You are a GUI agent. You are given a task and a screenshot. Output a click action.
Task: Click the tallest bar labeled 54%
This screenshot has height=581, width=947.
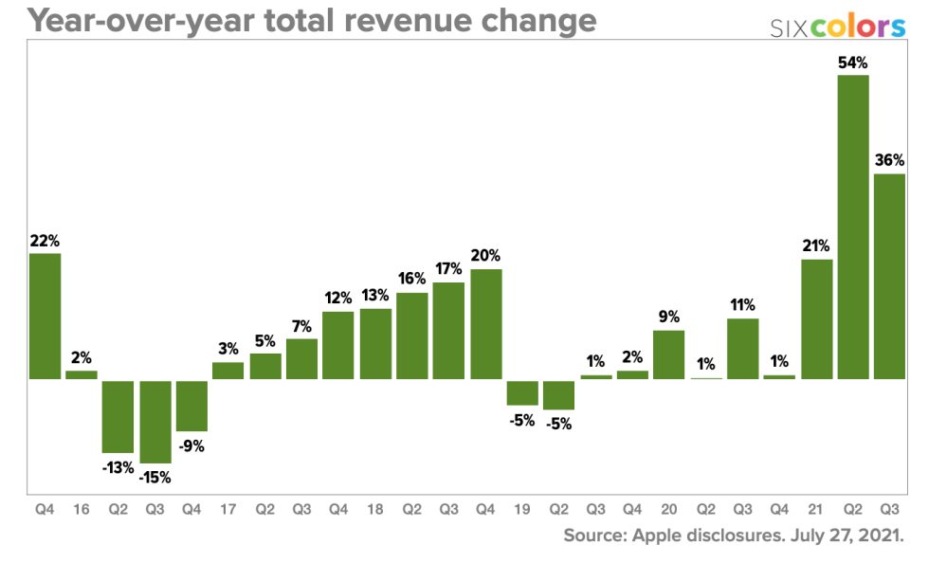tap(853, 227)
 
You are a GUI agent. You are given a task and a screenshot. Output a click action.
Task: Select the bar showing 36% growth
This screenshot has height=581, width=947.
tap(889, 277)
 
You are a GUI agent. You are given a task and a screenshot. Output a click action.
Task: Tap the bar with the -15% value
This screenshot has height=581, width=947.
tap(155, 422)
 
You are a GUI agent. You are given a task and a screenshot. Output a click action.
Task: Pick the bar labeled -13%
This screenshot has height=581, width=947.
tap(118, 416)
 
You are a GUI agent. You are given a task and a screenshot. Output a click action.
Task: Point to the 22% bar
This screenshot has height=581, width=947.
tap(45, 316)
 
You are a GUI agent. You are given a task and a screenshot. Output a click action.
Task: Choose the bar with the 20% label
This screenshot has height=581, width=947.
tap(485, 324)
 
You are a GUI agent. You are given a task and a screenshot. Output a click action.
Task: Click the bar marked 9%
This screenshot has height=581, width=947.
tap(668, 354)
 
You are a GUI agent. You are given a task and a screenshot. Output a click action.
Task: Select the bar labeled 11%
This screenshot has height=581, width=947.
tap(742, 349)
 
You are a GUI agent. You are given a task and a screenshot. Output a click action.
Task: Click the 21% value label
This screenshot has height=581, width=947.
tap(816, 245)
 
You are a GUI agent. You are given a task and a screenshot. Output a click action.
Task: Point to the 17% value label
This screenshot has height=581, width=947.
tap(448, 268)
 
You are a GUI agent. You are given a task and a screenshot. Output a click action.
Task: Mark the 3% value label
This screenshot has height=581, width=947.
tap(228, 349)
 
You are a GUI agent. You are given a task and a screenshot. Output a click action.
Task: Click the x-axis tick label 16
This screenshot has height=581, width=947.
tap(82, 509)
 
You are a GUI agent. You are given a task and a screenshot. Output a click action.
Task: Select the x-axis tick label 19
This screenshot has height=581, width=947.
tap(522, 509)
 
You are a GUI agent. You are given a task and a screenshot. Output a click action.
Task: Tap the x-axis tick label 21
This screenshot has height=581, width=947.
tap(816, 509)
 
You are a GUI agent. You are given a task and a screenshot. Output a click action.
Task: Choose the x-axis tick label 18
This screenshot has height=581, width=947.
tap(375, 509)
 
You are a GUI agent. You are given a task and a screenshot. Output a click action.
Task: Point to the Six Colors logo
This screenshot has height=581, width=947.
tap(838, 27)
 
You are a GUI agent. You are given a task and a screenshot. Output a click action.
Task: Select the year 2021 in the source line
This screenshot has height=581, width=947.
tap(880, 536)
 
